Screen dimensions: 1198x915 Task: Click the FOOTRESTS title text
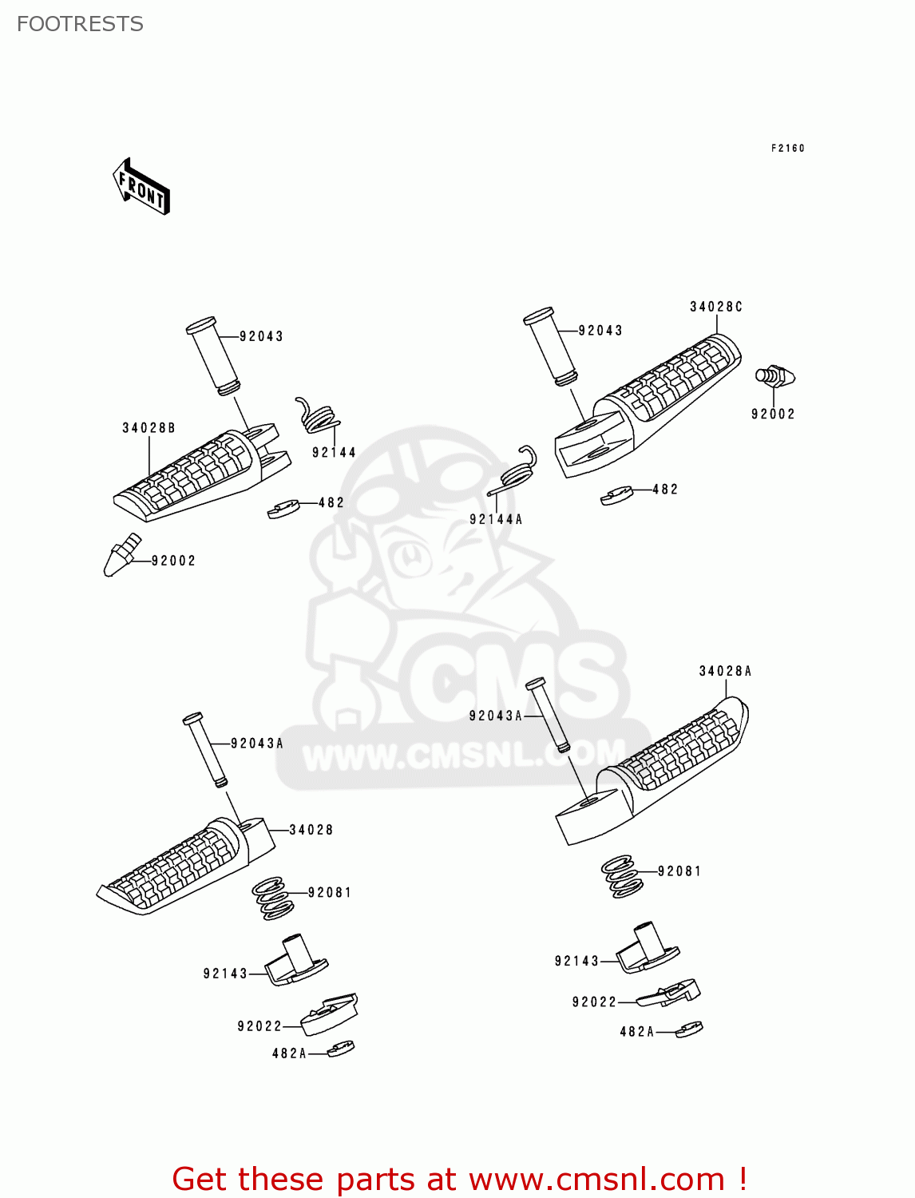click(x=80, y=24)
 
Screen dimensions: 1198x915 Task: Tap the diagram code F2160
click(x=787, y=149)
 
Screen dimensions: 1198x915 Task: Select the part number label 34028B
click(x=149, y=428)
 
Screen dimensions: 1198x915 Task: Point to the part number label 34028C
click(x=715, y=307)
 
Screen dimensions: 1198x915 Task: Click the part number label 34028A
click(x=725, y=671)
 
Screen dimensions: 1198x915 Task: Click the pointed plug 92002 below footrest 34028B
click(x=121, y=556)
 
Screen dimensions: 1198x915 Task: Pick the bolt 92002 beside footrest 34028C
click(x=774, y=375)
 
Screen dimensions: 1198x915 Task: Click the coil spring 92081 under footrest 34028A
click(x=621, y=876)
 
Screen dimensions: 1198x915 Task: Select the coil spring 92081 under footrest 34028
click(x=272, y=898)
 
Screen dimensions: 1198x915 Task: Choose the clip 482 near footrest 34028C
click(x=616, y=496)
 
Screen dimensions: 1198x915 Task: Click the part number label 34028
click(x=311, y=830)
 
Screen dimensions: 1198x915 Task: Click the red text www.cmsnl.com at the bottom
click(x=595, y=1179)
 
